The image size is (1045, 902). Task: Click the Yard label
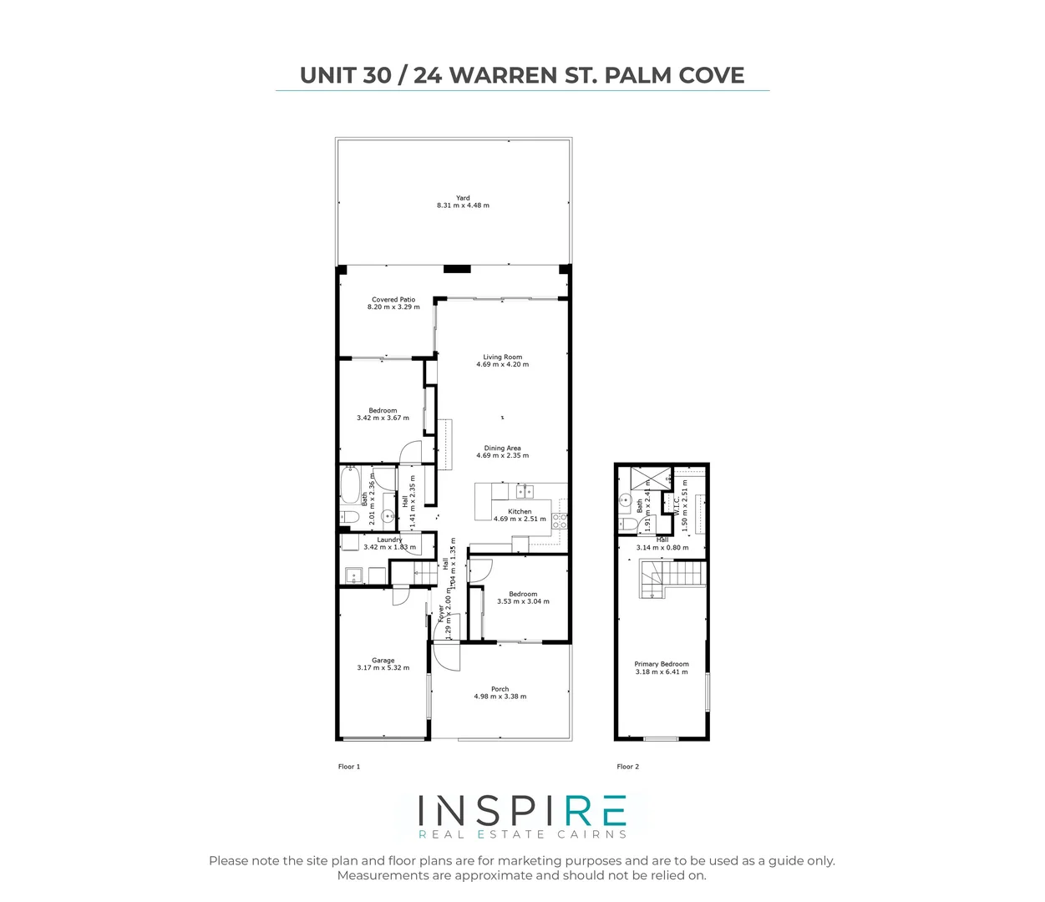click(463, 198)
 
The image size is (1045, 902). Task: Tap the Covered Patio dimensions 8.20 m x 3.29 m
click(393, 307)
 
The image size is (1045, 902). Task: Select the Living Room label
click(502, 357)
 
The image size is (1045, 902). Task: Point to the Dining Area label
click(502, 448)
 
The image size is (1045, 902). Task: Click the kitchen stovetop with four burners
click(560, 521)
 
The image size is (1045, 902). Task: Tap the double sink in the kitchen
click(524, 490)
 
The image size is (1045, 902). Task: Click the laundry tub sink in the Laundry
click(354, 575)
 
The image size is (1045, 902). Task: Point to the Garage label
click(383, 661)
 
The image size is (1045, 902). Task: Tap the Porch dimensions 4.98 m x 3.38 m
click(500, 697)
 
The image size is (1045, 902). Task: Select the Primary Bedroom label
click(662, 664)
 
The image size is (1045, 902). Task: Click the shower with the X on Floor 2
click(644, 479)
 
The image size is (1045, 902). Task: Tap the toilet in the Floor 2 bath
click(626, 524)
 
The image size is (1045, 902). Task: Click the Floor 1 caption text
click(348, 767)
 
